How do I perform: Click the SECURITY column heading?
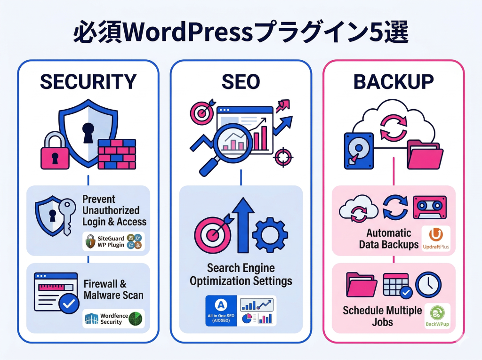tap(88, 81)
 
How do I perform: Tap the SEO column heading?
tap(241, 81)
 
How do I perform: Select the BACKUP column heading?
tap(394, 81)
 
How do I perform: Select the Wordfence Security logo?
tap(113, 319)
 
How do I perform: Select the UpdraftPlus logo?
tap(436, 239)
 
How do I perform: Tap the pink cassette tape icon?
tap(429, 207)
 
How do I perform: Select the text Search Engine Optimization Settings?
tap(241, 275)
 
